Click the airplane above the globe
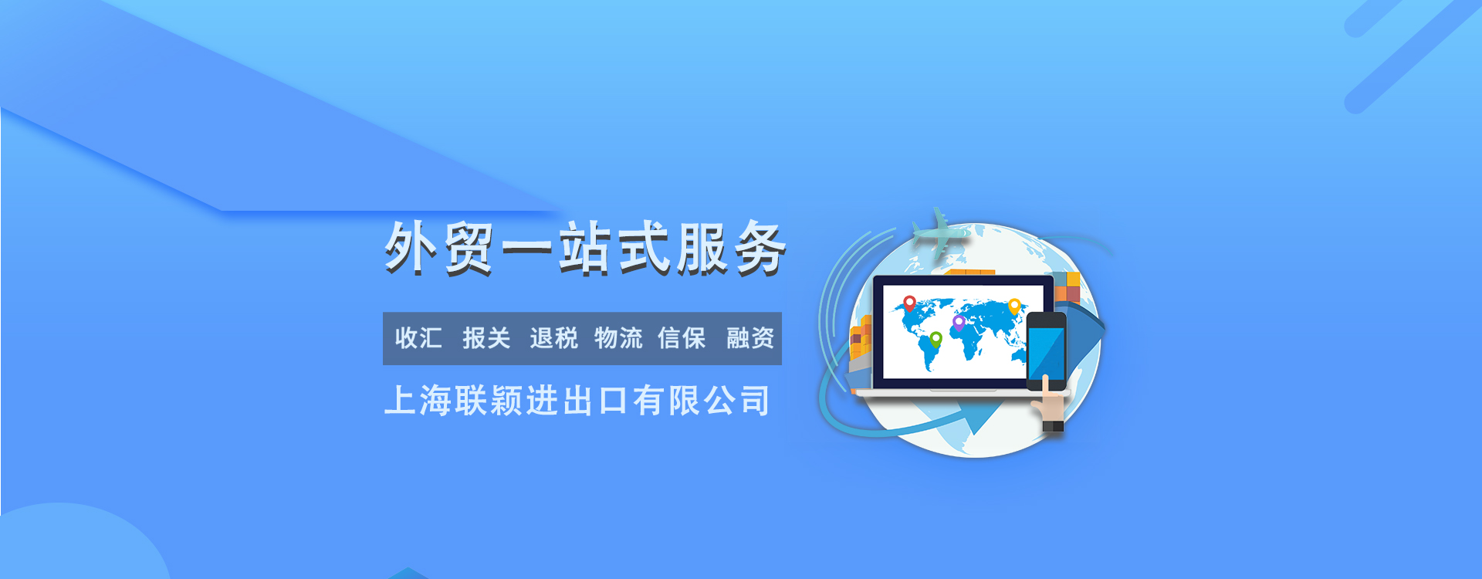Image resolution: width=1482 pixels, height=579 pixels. point(940,231)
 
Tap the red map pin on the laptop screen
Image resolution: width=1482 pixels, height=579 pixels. point(910,303)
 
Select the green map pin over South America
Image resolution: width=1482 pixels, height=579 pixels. point(936,340)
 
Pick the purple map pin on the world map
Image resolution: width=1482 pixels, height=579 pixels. point(959,323)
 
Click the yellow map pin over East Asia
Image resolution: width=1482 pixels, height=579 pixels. point(1014,306)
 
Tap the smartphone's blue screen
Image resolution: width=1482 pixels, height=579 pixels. point(1046,354)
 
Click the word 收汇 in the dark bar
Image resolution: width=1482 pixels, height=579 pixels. point(418,338)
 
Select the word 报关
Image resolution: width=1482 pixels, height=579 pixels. point(486,338)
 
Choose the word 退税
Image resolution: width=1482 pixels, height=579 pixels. point(553,338)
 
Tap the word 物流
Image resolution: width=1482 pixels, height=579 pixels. point(618,338)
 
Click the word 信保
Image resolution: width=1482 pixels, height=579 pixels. point(682,338)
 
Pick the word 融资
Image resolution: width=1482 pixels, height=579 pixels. point(750,338)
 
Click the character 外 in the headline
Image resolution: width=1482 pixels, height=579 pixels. point(412,248)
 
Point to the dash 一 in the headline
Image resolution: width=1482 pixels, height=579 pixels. point(527,249)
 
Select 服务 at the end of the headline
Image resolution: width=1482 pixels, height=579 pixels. point(731,249)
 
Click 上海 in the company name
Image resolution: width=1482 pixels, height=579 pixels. point(418,401)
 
